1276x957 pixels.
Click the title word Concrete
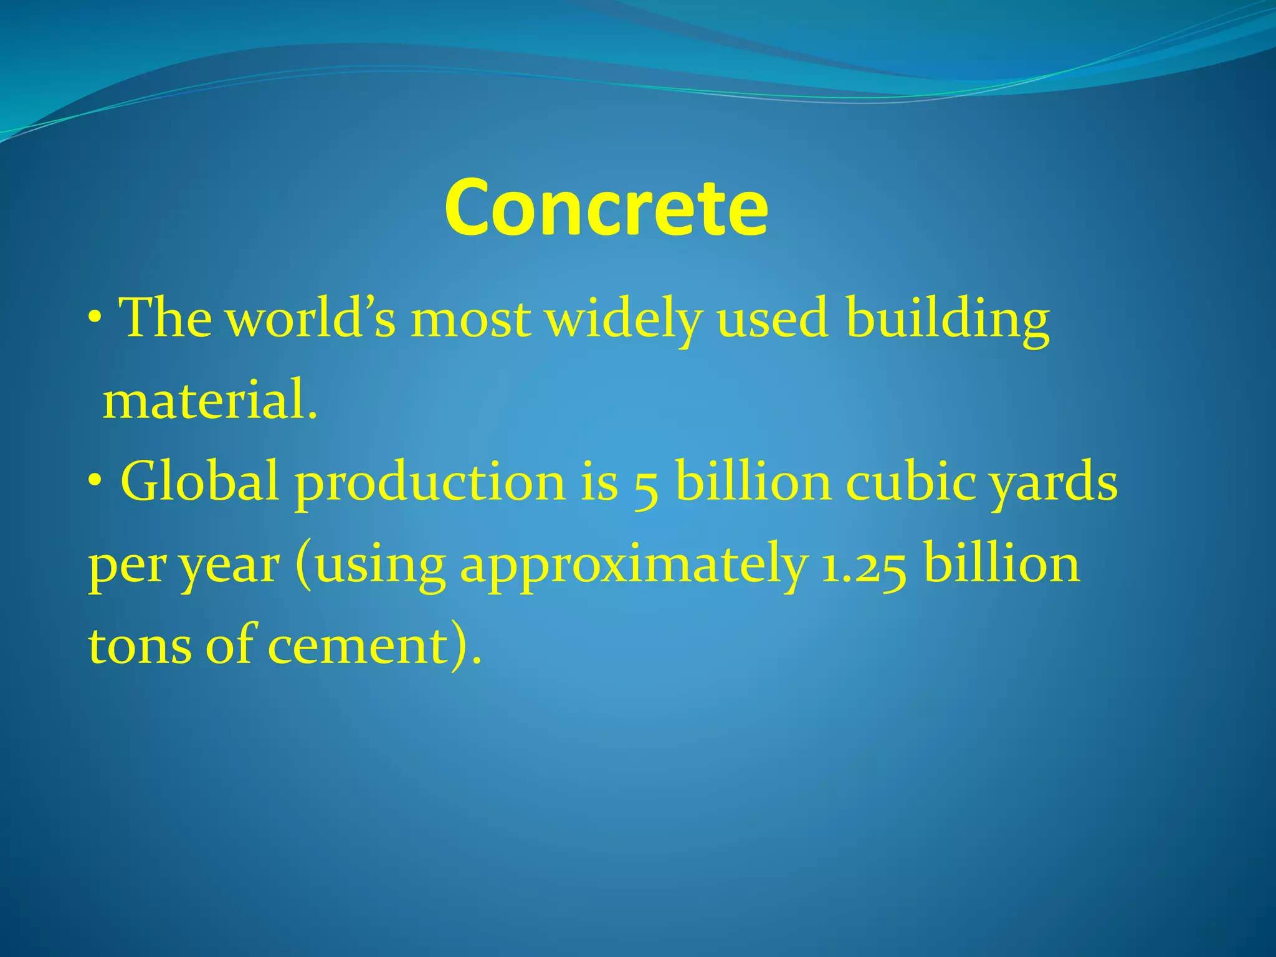[606, 207]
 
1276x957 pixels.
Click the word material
[209, 401]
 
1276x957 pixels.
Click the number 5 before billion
[646, 486]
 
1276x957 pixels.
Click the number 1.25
[864, 567]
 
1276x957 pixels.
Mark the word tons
[140, 645]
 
